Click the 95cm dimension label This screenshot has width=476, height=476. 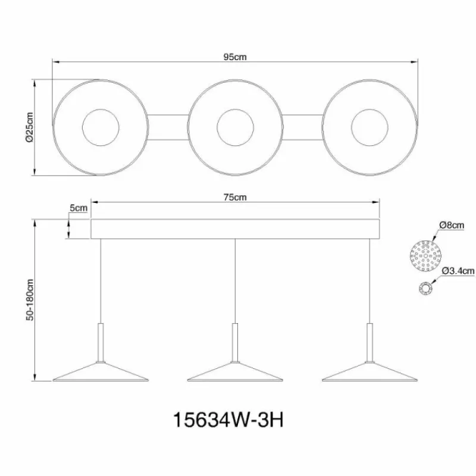236,57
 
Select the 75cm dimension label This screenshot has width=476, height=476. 236,198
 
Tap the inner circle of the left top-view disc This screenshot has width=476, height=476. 100,127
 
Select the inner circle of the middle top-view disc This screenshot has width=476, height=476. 236,127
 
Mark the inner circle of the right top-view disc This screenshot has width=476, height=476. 370,127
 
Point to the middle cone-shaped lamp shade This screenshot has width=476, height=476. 236,373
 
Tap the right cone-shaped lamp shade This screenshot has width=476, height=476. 369,373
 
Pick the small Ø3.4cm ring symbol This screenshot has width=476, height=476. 426,287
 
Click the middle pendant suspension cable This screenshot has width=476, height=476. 236,280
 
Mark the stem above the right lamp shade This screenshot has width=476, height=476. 370,342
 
